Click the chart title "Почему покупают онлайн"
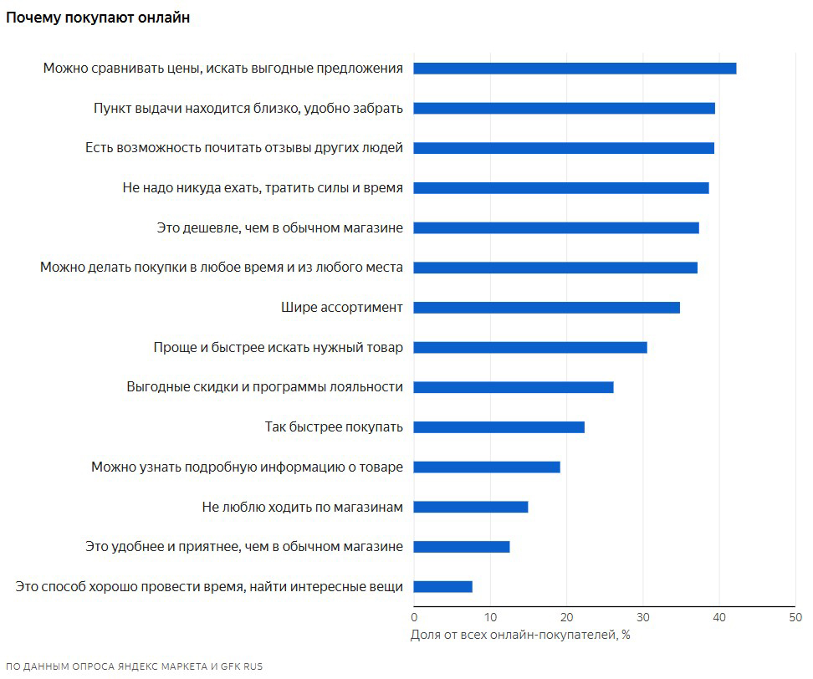tap(98, 18)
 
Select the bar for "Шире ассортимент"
tap(546, 308)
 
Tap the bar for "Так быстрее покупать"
tap(499, 427)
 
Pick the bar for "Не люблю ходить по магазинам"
tap(470, 507)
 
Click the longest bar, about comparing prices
tap(575, 69)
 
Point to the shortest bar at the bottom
tap(442, 587)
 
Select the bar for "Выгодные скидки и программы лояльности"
tap(513, 387)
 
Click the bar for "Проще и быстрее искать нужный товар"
tap(529, 347)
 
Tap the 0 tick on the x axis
tap(414, 617)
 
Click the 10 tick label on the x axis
tap(490, 617)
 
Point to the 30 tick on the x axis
tap(642, 617)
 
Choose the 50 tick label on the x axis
tap(795, 617)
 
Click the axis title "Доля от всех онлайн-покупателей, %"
tap(520, 635)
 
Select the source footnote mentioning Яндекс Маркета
tap(134, 666)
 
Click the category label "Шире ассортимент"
tap(341, 308)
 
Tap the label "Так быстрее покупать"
tap(333, 427)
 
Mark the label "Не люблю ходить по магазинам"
tap(302, 507)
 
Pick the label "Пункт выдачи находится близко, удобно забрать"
tap(248, 108)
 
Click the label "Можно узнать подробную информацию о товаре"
tap(247, 467)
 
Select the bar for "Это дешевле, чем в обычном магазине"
tap(555, 227)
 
